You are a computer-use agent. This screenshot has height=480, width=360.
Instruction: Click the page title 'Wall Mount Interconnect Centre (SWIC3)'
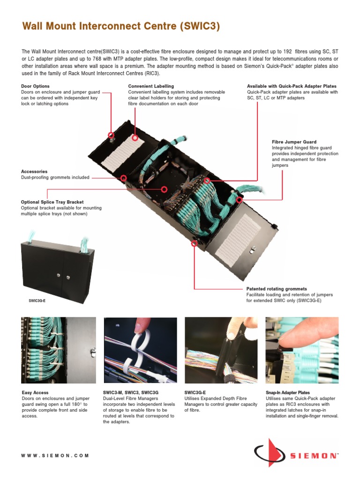(121, 27)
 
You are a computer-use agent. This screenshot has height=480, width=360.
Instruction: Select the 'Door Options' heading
(35, 86)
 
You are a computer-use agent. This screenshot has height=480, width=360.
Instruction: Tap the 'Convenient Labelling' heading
(151, 86)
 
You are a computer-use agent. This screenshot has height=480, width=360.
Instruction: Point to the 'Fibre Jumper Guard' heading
(294, 142)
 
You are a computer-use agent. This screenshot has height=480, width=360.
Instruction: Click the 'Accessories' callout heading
(34, 172)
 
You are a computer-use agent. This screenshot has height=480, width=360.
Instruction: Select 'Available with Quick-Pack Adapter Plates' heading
(292, 86)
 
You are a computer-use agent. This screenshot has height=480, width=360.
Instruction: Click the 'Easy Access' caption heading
(35, 392)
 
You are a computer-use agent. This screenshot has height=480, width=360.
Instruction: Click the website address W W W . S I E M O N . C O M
(55, 455)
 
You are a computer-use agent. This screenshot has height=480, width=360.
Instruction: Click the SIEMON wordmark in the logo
(314, 455)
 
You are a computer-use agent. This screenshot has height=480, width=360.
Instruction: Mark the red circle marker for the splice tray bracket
(164, 189)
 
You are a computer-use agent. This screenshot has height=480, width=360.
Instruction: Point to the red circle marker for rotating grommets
(194, 243)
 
